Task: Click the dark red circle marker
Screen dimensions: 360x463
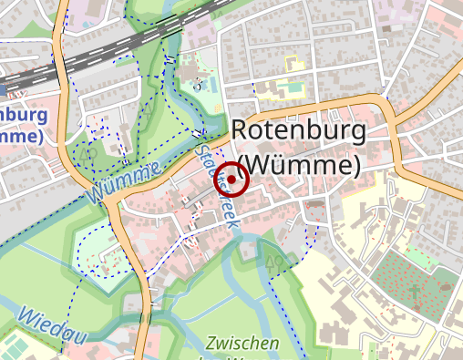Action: click(231, 180)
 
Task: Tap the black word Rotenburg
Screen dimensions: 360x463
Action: click(298, 129)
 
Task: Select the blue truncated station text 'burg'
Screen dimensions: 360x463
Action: click(22, 117)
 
